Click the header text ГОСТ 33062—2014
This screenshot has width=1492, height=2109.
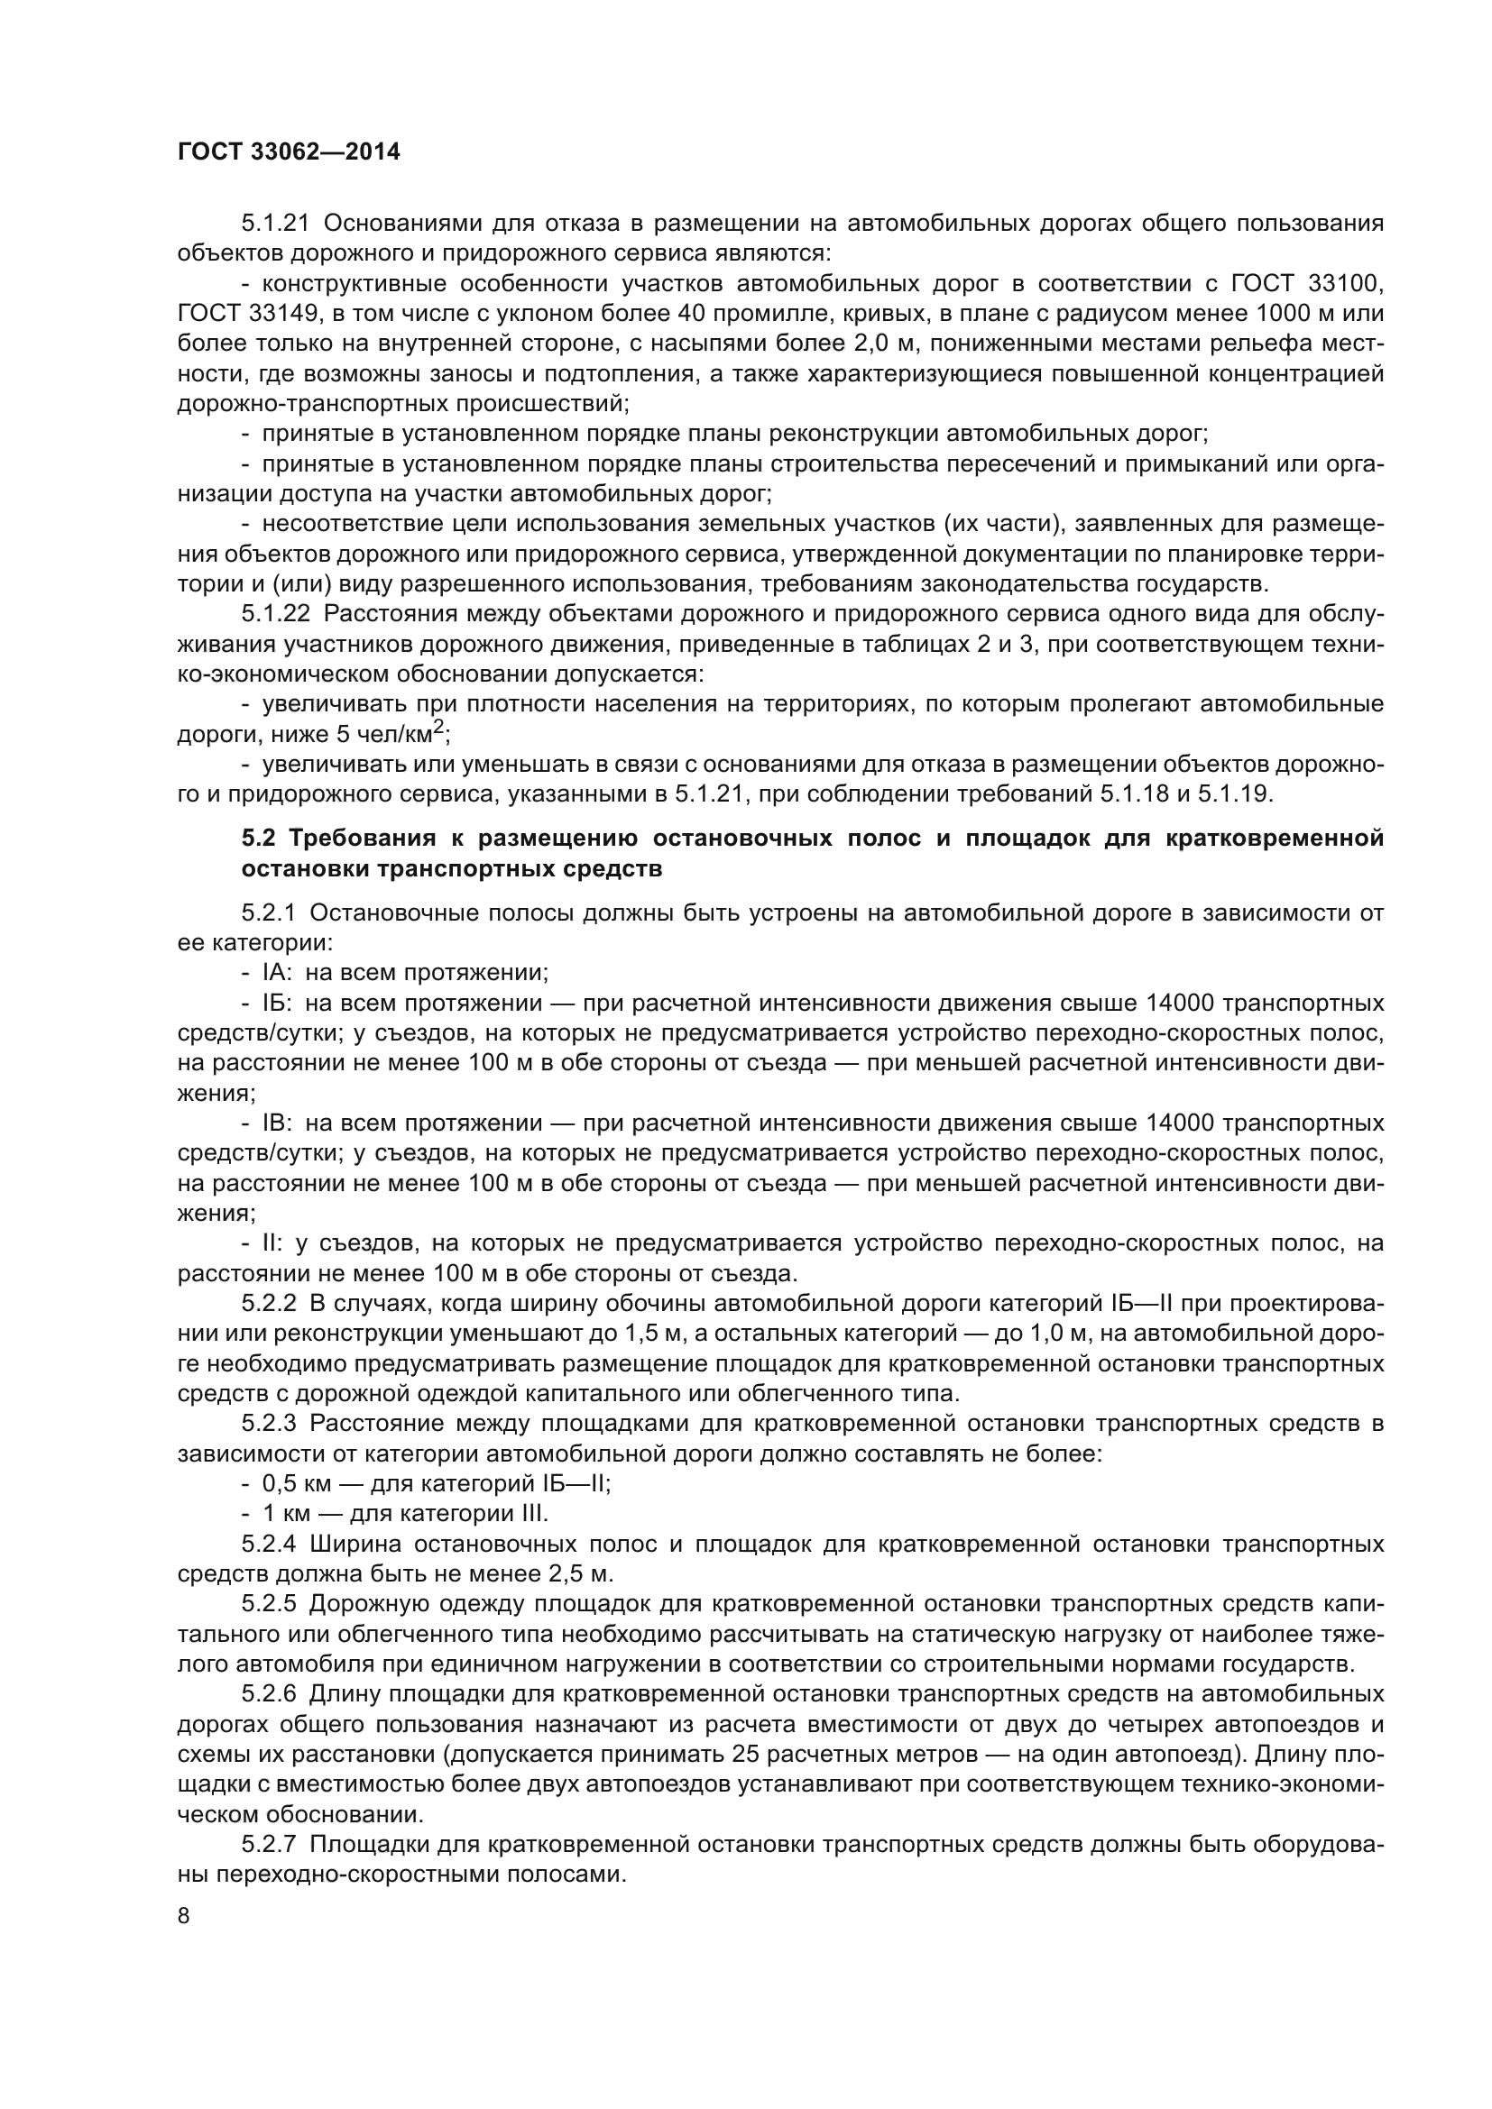point(289,152)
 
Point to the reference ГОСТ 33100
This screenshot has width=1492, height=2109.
point(1315,283)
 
